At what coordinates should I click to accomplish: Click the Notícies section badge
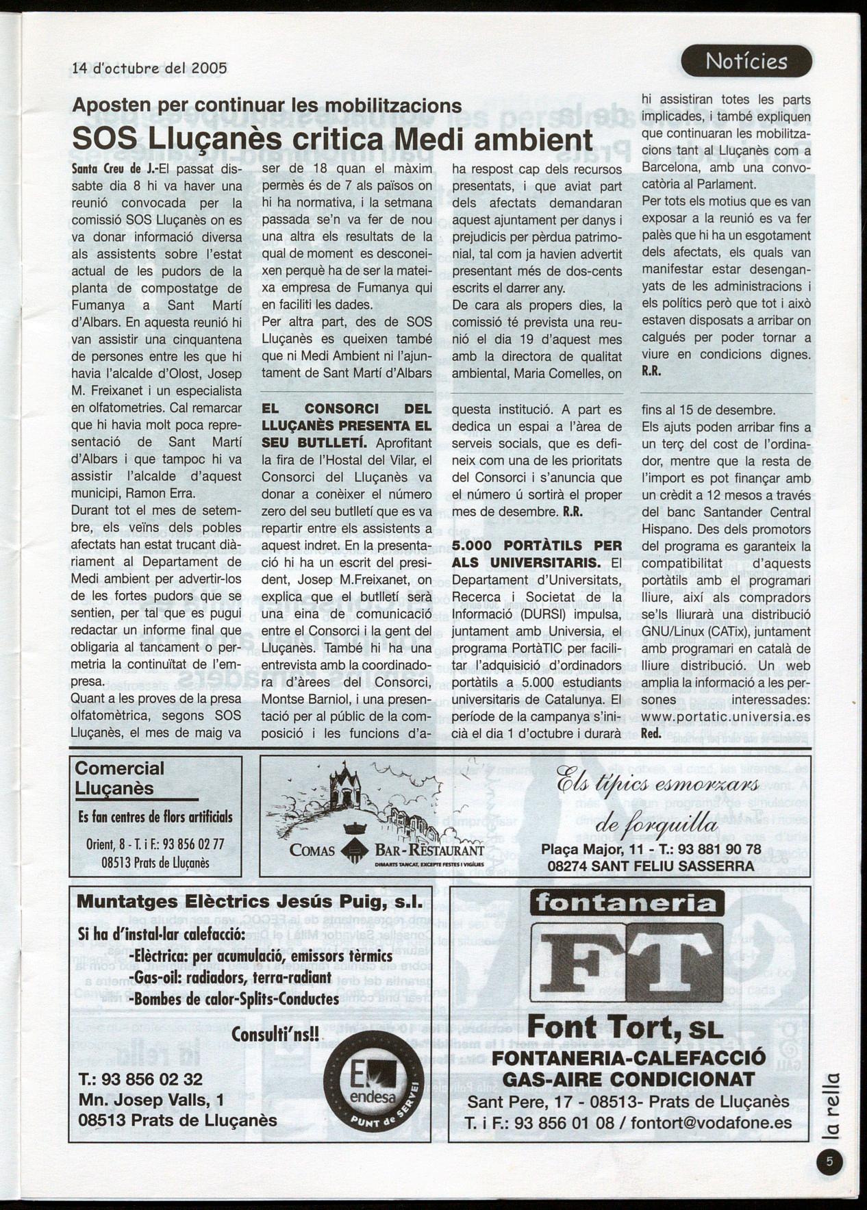coord(746,62)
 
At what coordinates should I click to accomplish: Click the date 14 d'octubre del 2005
coord(149,68)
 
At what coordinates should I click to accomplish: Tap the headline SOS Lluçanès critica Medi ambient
coord(332,140)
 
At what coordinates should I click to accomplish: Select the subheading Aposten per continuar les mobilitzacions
coord(267,105)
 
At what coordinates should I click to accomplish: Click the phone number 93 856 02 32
coord(151,1079)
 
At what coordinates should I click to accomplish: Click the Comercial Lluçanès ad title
coord(120,778)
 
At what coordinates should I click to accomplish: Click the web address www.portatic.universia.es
coord(726,716)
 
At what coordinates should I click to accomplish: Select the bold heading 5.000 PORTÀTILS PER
coord(537,546)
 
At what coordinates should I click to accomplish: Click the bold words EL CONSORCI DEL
coord(347,409)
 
